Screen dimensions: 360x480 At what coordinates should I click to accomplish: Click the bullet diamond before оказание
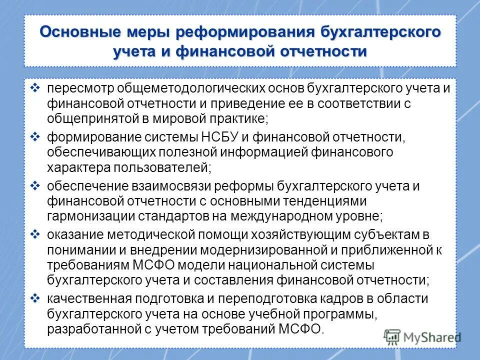pos(34,234)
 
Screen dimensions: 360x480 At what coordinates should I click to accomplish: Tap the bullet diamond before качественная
pos(34,298)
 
